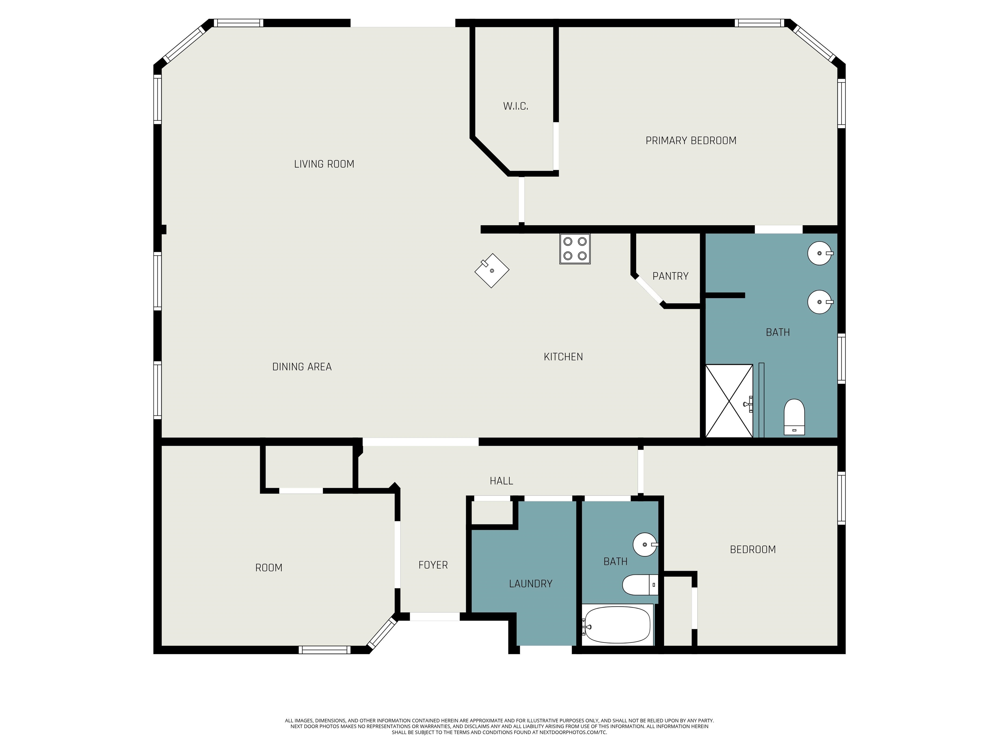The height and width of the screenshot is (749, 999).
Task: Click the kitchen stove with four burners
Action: [x=575, y=248]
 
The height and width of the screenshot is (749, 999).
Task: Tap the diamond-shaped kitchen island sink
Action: [x=492, y=270]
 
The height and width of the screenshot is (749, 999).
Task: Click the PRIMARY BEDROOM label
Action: [x=691, y=140]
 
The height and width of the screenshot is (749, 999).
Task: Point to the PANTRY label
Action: [x=671, y=276]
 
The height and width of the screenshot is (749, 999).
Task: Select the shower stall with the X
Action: [x=729, y=401]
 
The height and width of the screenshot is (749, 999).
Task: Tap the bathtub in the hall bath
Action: [x=617, y=624]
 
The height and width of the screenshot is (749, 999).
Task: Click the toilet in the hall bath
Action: [x=640, y=585]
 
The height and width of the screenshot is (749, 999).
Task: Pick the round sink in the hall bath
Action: [x=646, y=545]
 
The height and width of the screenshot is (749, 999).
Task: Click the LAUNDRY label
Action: [x=531, y=584]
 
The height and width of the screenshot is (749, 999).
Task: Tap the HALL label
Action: [x=501, y=481]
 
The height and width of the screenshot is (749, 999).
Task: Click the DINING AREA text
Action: [x=302, y=367]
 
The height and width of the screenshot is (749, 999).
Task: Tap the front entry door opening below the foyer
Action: [x=434, y=616]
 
